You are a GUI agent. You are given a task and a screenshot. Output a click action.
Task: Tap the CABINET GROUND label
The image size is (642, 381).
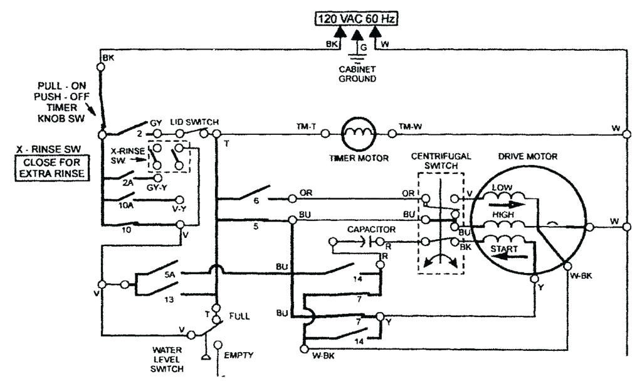357,74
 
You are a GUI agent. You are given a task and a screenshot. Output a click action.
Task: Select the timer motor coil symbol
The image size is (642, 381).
358,132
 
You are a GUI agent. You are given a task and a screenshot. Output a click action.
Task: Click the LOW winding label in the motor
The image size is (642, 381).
502,188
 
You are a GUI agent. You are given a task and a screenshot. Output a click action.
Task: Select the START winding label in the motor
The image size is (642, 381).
504,249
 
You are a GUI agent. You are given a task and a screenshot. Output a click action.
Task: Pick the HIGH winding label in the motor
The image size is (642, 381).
503,215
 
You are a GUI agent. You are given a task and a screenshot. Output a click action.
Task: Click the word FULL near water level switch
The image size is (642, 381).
239,316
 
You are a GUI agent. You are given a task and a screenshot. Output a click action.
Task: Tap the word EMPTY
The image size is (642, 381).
239,355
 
